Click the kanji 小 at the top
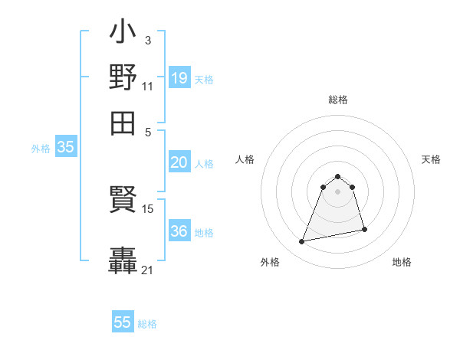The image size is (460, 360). pyautogui.click(x=123, y=34)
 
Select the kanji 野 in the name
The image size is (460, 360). pyautogui.click(x=123, y=78)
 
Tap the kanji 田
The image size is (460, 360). pyautogui.click(x=123, y=123)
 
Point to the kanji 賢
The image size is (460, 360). pyautogui.click(x=123, y=201)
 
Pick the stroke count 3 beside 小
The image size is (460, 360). pyautogui.click(x=147, y=40)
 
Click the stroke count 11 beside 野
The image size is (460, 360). pyautogui.click(x=147, y=86)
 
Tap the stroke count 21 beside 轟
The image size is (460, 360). pyautogui.click(x=148, y=270)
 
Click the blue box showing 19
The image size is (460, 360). pyautogui.click(x=179, y=77)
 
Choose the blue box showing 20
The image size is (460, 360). pyautogui.click(x=179, y=162)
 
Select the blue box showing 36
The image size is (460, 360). pyautogui.click(x=179, y=231)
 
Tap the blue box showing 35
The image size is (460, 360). pyautogui.click(x=65, y=148)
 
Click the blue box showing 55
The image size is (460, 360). pyautogui.click(x=123, y=322)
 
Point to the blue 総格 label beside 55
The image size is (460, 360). pyautogui.click(x=147, y=324)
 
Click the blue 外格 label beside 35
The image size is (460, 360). pyautogui.click(x=41, y=149)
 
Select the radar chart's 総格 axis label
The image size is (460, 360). pyautogui.click(x=338, y=100)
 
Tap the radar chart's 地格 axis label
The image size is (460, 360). pyautogui.click(x=402, y=263)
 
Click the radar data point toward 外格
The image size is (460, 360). pyautogui.click(x=302, y=242)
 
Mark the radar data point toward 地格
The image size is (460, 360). pyautogui.click(x=364, y=230)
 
